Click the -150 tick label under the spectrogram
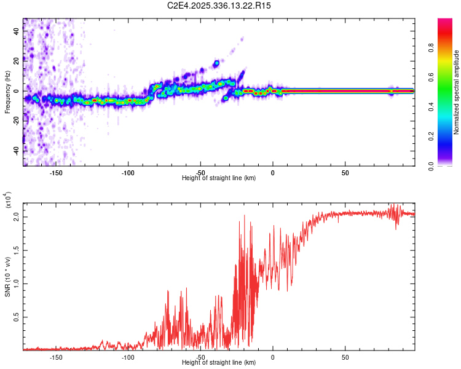56,173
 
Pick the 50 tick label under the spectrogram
345,173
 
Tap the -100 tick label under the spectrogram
128,173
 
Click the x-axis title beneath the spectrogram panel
219,178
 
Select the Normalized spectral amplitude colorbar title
457,93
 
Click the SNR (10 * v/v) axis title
7,276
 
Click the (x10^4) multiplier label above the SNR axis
9,200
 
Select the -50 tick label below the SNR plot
200,357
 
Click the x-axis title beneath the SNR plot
219,363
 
